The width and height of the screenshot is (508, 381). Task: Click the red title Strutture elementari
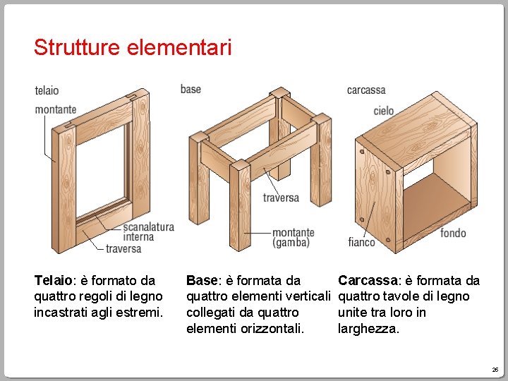133,47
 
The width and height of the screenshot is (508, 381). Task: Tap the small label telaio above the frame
47,90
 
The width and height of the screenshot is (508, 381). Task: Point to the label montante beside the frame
56,109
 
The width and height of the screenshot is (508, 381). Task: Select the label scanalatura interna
149,231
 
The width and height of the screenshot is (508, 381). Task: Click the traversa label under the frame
123,249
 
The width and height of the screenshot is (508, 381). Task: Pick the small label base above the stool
190,89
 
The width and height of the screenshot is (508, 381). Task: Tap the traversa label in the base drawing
281,198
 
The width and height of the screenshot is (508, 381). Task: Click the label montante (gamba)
294,238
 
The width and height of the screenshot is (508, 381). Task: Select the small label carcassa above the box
366,90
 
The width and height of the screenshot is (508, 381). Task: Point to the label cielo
384,111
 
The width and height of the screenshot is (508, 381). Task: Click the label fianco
361,242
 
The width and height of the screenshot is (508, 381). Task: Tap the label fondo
453,233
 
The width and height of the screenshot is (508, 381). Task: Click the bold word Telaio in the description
53,280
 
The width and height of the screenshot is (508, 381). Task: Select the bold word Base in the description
202,280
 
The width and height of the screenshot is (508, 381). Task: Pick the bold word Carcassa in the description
368,280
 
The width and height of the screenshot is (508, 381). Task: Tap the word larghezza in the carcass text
368,329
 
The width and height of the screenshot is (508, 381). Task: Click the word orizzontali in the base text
272,329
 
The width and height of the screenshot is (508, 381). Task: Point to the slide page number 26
495,370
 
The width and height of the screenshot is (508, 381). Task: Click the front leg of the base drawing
240,205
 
